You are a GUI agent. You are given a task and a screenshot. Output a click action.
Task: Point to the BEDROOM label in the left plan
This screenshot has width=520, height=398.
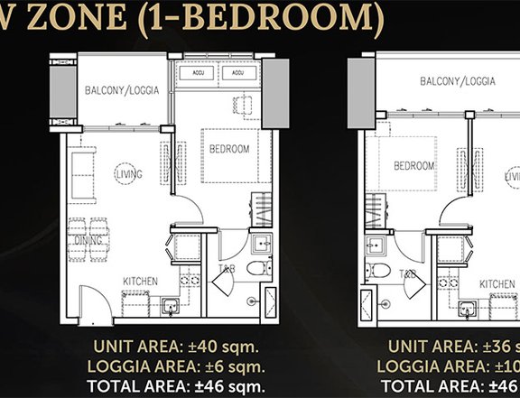tap(229, 148)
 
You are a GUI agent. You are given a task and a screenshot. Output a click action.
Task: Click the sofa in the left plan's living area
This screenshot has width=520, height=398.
tap(81, 176)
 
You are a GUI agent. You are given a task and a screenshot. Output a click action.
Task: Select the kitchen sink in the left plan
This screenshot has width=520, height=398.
tap(170, 306)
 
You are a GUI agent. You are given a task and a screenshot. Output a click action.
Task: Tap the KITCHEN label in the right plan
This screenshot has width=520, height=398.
tap(498, 283)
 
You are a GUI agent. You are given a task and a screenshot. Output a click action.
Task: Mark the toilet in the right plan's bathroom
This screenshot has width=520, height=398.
tap(383, 271)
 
